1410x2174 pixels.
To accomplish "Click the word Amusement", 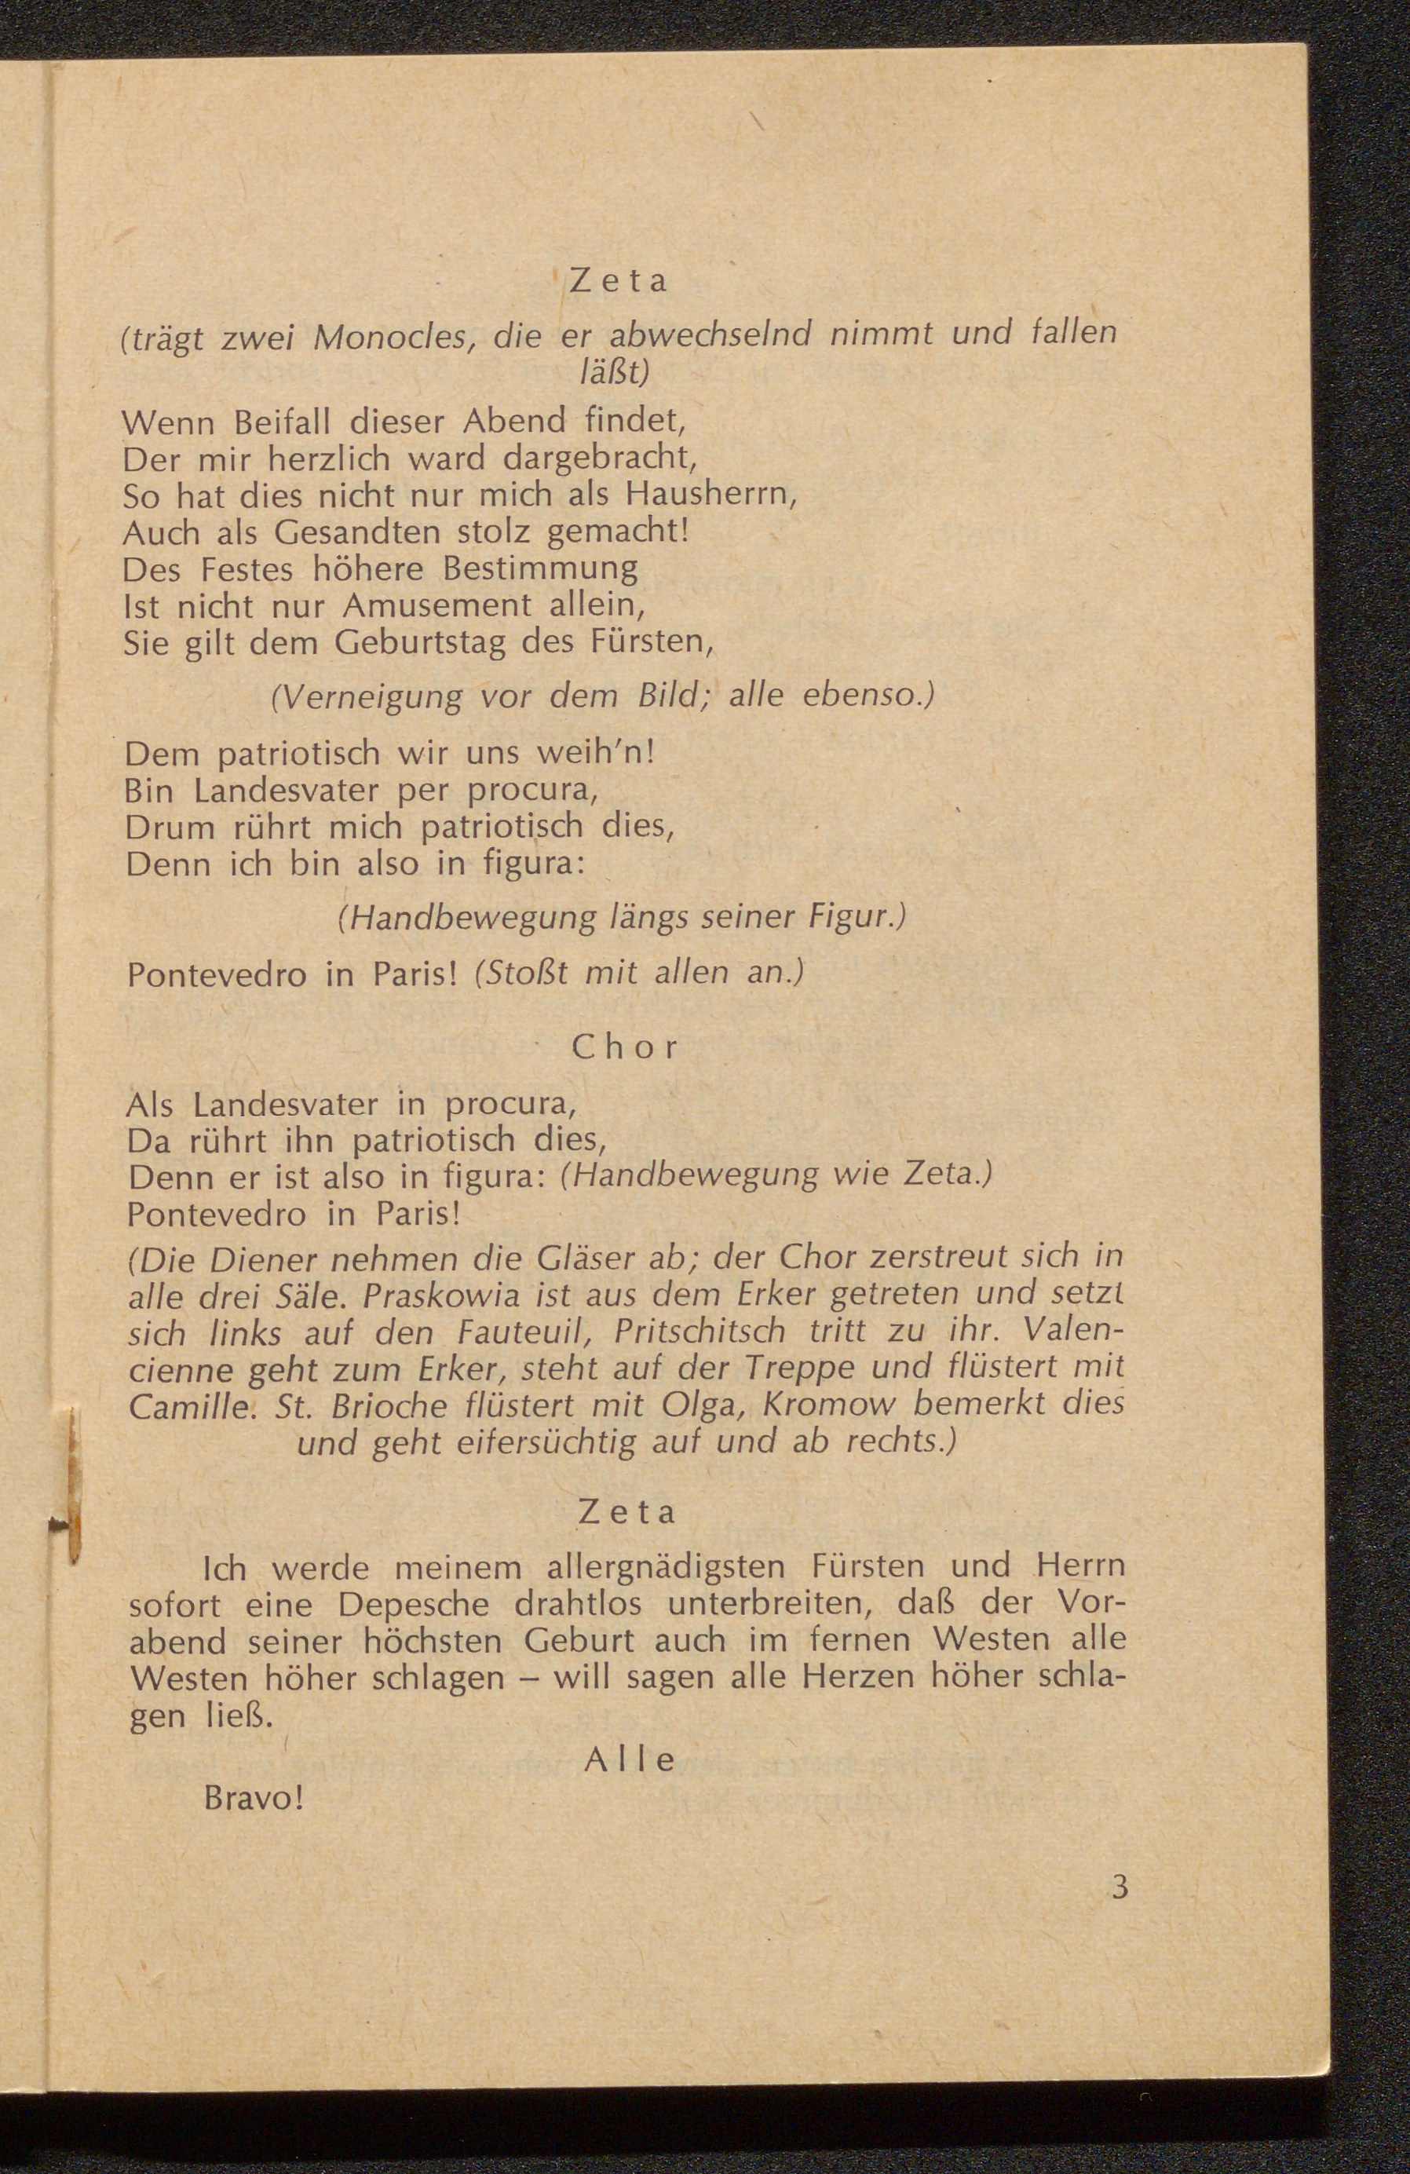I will click(437, 605).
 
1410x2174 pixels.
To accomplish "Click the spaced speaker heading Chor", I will click(626, 1047).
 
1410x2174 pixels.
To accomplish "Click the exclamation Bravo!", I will click(252, 1799).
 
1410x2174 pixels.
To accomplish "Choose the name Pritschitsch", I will click(700, 1332).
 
